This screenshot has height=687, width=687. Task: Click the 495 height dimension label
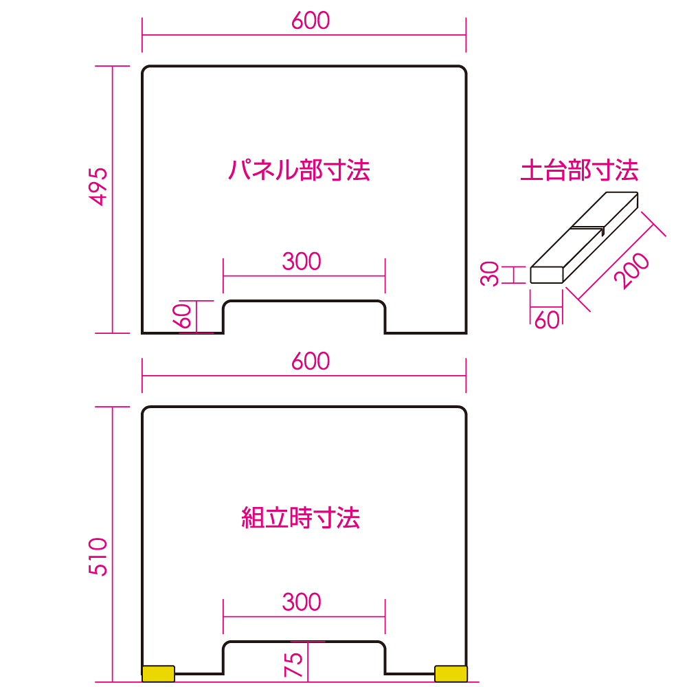pos(100,186)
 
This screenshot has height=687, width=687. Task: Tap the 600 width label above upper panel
pos(311,21)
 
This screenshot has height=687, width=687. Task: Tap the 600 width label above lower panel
pos(311,361)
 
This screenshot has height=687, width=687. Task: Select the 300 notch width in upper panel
pos(302,261)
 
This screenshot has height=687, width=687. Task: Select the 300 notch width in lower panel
pos(302,602)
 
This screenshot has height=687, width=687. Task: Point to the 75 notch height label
pos(294,665)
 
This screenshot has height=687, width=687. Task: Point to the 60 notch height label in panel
pos(181,317)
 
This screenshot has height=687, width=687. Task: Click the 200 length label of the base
pos(631,271)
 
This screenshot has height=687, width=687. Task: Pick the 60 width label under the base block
pos(547,319)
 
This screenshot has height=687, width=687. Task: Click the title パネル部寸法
pos(299,169)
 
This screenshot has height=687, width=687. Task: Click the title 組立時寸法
pos(301,517)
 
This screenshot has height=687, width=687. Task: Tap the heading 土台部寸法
pos(579,170)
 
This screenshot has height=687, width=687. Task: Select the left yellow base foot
pos(158,673)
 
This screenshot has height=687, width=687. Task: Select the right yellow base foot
pos(451,673)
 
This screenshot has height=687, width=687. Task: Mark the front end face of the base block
pos(548,275)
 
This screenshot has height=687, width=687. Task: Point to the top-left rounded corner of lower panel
pos(147,412)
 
